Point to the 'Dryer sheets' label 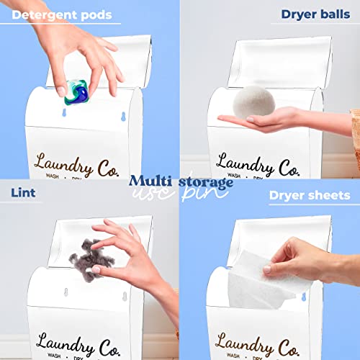pyautogui.click(x=310, y=195)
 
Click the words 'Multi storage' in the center pyautogui.click(x=181, y=181)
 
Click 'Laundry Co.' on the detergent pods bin pyautogui.click(x=63, y=163)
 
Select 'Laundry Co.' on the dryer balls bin pyautogui.click(x=247, y=163)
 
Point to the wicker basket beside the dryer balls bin pyautogui.click(x=355, y=130)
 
